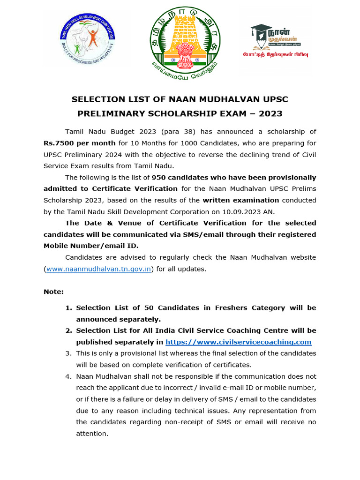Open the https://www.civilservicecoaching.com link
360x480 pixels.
[x=238, y=342]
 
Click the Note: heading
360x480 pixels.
[x=53, y=292]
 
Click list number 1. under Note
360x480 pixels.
[x=68, y=308]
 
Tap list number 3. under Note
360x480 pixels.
[x=68, y=353]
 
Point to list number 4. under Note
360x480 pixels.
[x=68, y=376]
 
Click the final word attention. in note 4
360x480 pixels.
[x=92, y=434]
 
